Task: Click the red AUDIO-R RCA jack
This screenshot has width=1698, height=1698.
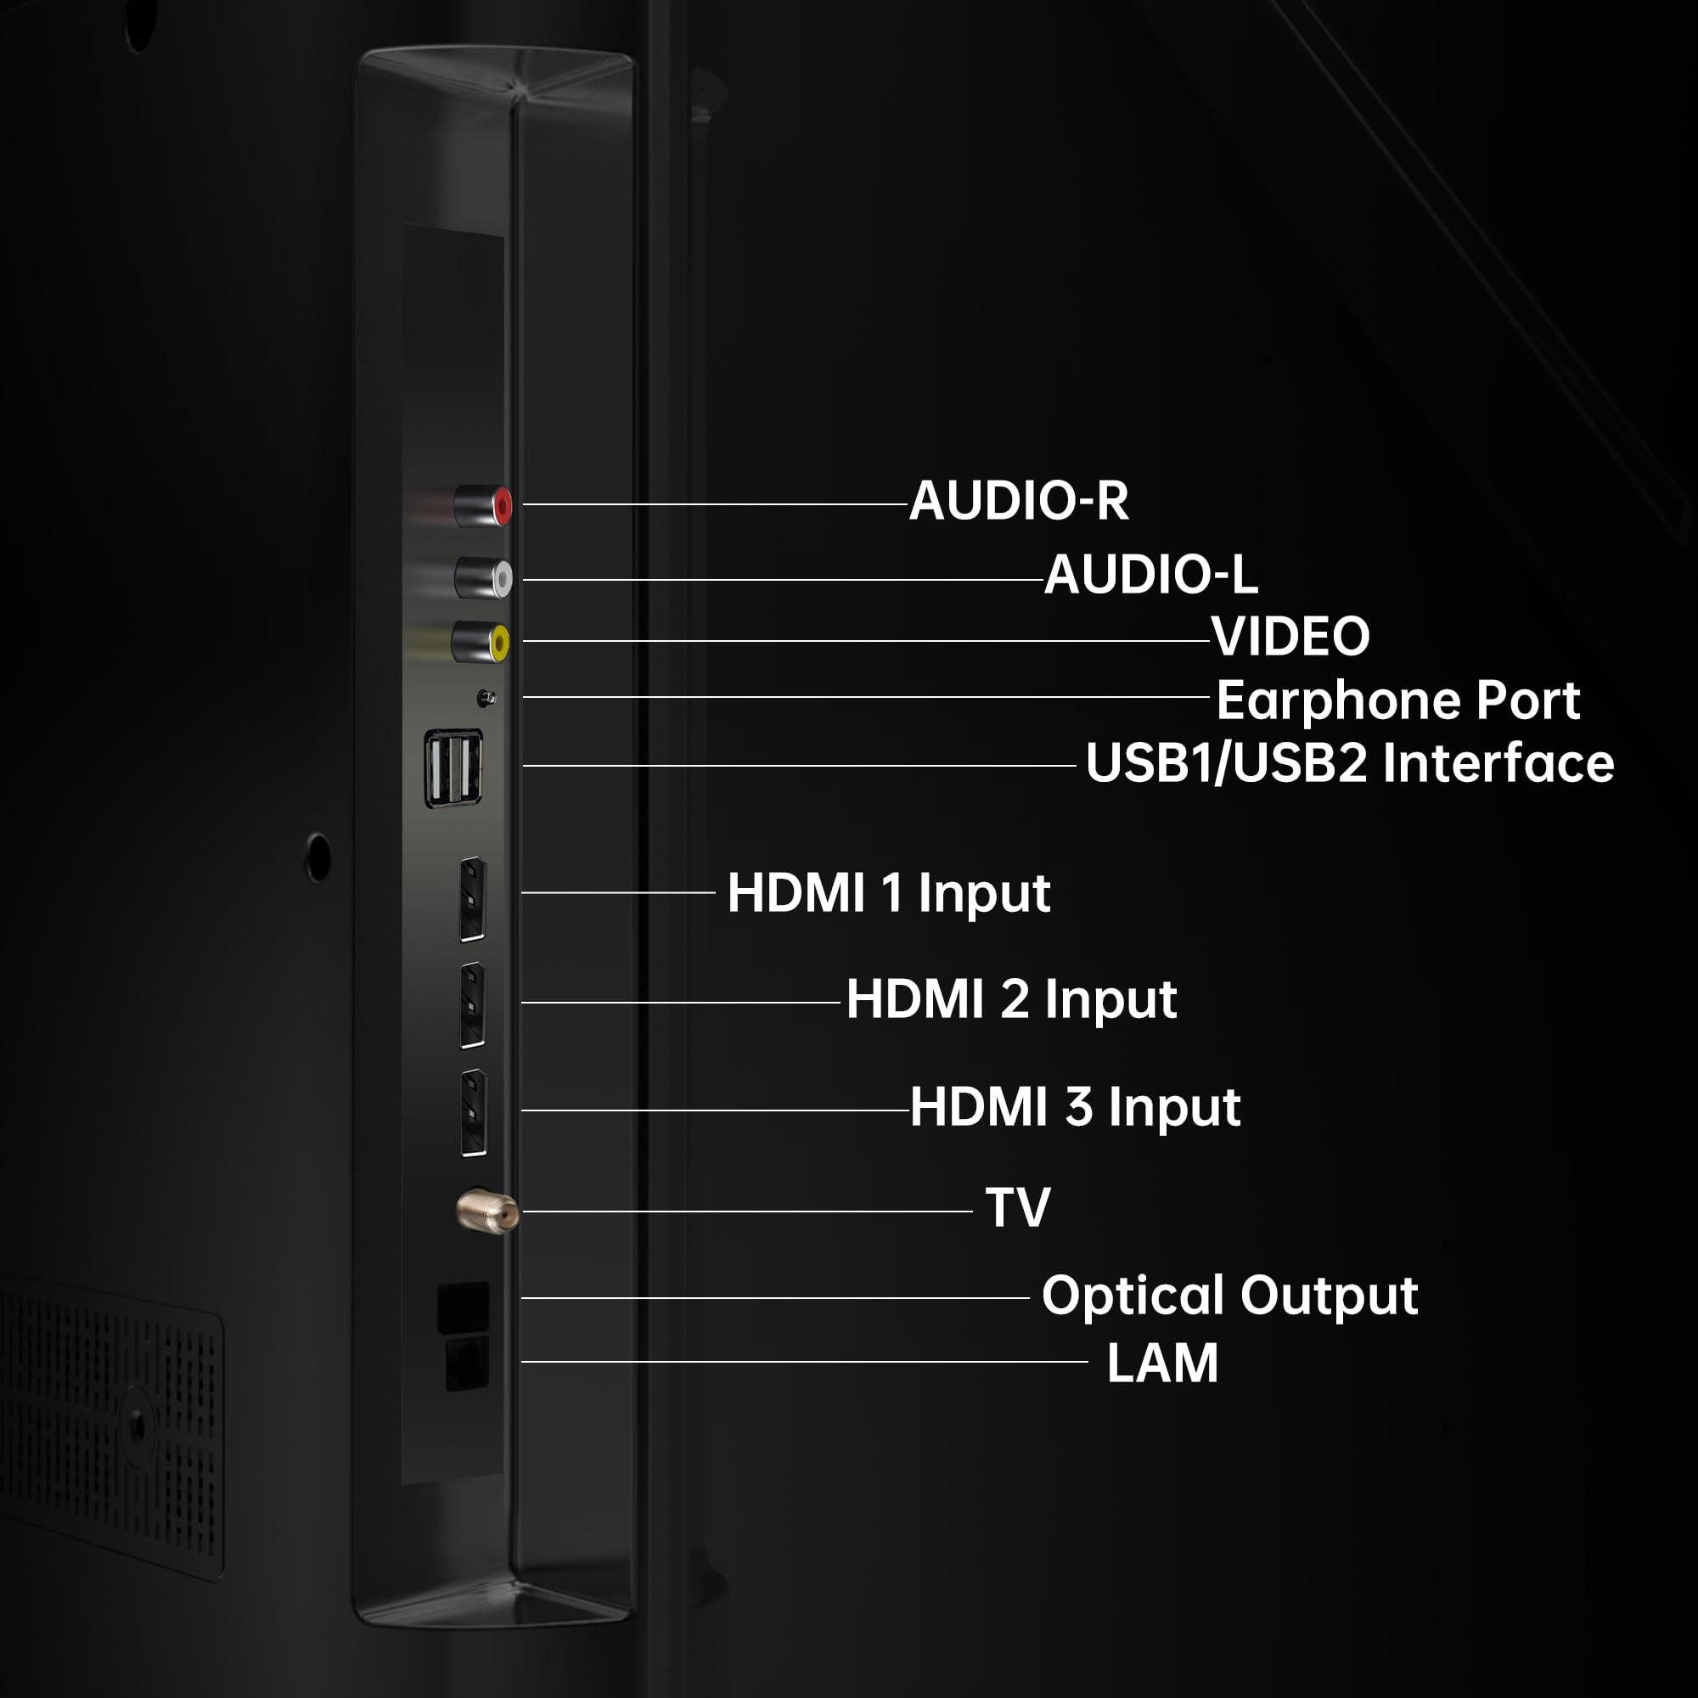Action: pos(483,505)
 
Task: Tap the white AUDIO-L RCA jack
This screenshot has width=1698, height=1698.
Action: pos(483,578)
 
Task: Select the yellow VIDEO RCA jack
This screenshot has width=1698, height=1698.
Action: pos(481,642)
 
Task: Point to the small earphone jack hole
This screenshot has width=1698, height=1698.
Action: pos(485,698)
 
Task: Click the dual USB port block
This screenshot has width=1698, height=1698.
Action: pos(453,767)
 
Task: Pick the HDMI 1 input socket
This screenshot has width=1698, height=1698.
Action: pos(473,899)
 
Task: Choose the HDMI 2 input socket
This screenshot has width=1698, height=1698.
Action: pos(473,1004)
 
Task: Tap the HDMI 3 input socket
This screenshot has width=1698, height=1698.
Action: pos(474,1113)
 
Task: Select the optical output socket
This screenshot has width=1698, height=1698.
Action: pos(464,1307)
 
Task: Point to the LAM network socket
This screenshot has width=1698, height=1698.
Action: pos(467,1364)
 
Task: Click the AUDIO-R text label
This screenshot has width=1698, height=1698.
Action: pos(1019,501)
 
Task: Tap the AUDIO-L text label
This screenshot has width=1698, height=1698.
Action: pos(1150,575)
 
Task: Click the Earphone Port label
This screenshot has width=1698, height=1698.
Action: pos(1398,700)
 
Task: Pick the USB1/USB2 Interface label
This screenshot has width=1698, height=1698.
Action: pos(1350,762)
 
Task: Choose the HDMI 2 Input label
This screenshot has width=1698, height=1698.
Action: pos(1012,999)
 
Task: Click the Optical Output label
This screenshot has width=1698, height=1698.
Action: pos(1229,1296)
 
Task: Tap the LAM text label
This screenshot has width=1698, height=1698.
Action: pos(1162,1363)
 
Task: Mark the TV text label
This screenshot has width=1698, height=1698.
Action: pos(1018,1207)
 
